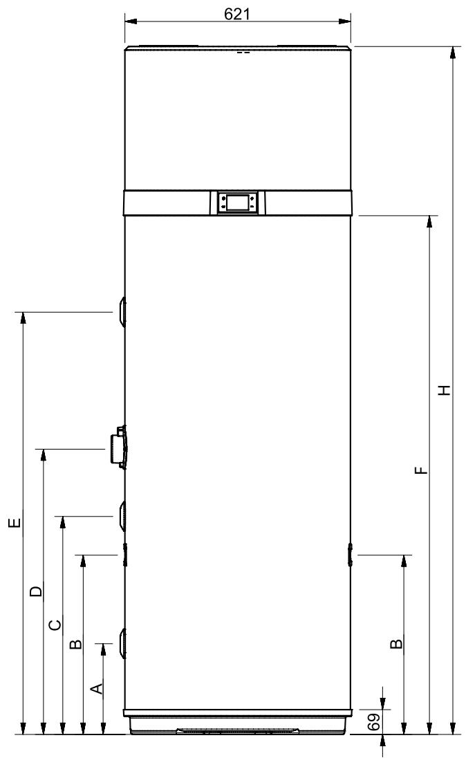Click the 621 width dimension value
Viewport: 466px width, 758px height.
(237, 14)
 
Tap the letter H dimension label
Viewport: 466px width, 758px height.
(445, 390)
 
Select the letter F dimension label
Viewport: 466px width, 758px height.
(422, 470)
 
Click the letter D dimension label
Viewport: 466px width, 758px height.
(36, 591)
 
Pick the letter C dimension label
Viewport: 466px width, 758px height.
(55, 625)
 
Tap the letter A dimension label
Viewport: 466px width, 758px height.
(97, 688)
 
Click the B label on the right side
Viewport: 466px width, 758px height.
(396, 643)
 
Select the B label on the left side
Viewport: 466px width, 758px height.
(76, 644)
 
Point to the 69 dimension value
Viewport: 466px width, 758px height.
(373, 721)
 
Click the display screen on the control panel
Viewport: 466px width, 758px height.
(237, 202)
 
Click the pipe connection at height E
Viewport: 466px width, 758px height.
(121, 313)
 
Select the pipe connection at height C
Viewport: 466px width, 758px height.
(122, 516)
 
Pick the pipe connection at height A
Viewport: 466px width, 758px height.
(122, 643)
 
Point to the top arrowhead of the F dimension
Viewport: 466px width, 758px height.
(429, 221)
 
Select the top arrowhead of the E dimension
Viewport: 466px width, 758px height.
(22, 318)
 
